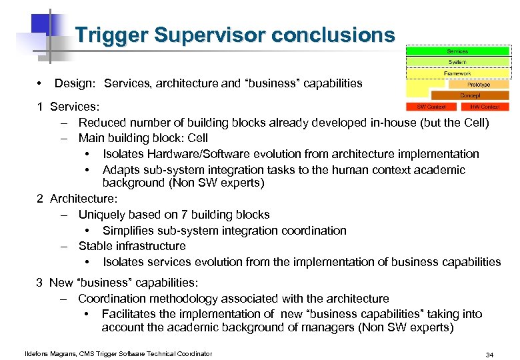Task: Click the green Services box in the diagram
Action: (457, 51)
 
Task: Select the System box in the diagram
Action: (457, 62)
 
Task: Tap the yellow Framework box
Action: (457, 73)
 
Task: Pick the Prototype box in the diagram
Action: (478, 85)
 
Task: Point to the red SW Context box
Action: (431, 107)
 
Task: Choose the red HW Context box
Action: (485, 107)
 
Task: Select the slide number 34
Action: (490, 354)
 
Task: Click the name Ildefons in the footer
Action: (37, 353)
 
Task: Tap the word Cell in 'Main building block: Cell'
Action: (197, 138)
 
